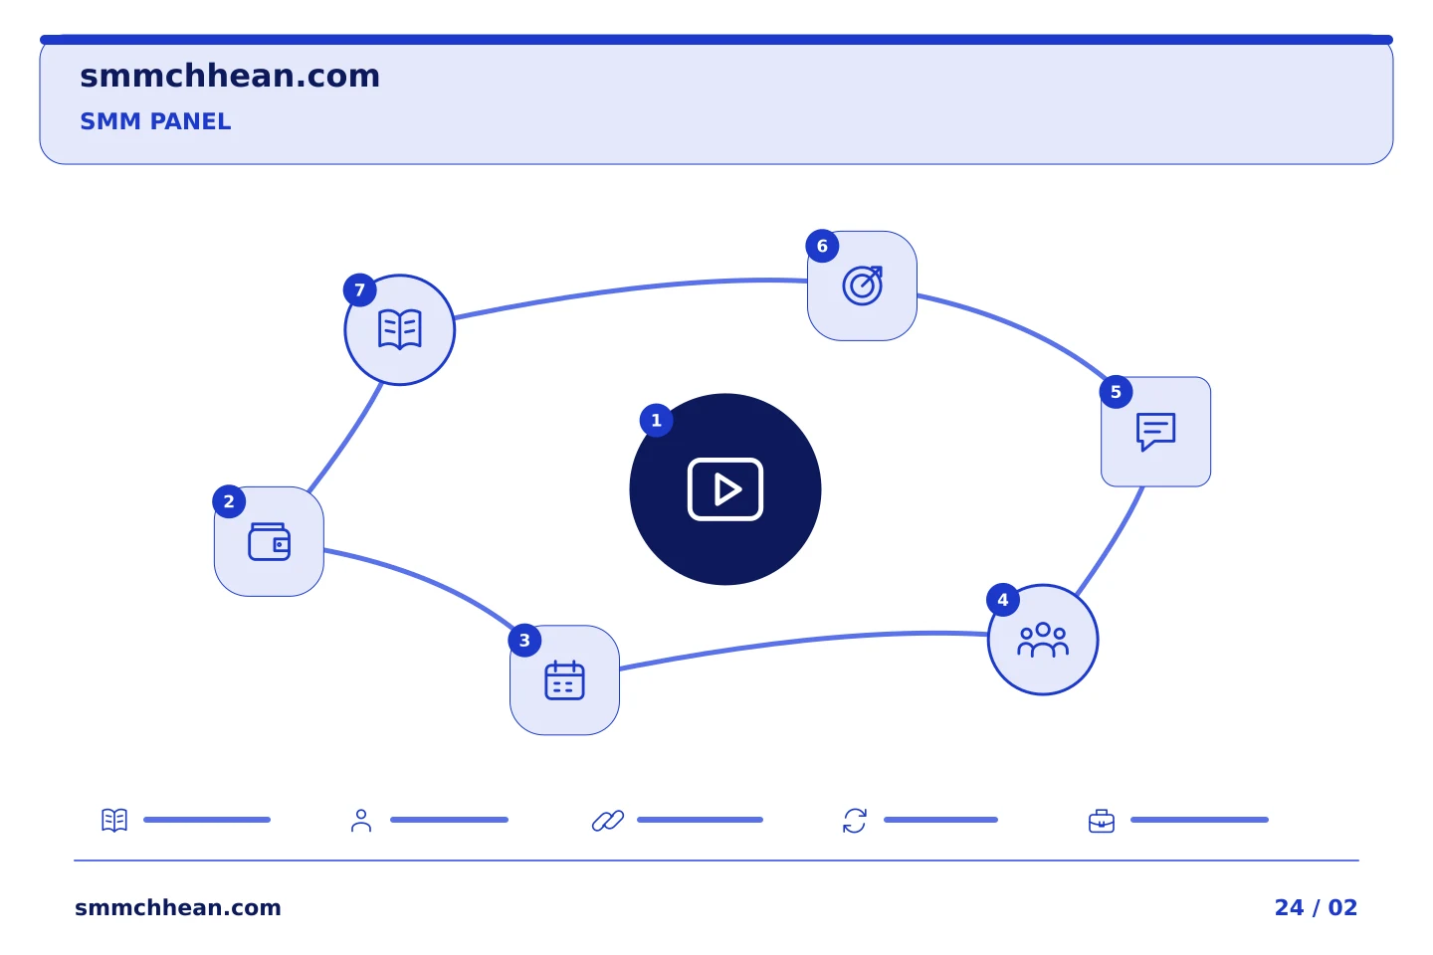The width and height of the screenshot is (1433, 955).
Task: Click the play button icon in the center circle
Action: [x=724, y=489]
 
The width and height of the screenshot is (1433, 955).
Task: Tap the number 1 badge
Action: [x=656, y=420]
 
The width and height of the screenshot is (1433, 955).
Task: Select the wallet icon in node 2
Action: [x=269, y=542]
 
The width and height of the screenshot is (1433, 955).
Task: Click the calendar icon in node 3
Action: [x=564, y=680]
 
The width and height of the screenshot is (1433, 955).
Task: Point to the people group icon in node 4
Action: [x=1043, y=640]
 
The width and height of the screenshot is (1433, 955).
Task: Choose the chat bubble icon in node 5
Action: [x=1155, y=432]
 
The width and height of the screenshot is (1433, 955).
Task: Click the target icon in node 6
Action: [x=863, y=286]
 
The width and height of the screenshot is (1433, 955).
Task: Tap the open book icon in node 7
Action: [x=400, y=329]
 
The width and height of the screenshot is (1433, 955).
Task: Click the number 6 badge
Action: [x=822, y=247]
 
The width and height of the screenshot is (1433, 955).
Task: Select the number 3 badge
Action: [x=524, y=641]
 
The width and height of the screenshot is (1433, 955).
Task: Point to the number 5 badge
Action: [x=1116, y=392]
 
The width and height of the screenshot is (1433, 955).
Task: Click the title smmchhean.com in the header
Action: [x=230, y=77]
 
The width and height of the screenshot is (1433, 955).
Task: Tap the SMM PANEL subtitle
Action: [x=155, y=121]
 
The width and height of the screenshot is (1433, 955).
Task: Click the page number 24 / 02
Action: [x=1316, y=907]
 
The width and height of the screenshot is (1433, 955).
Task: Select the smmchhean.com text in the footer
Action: [x=178, y=907]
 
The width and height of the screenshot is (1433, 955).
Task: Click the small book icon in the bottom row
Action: [x=114, y=820]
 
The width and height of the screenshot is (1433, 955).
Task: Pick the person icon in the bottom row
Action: [x=361, y=821]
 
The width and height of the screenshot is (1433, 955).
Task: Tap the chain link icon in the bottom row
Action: [x=608, y=821]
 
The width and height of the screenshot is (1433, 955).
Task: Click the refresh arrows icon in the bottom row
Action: [x=855, y=821]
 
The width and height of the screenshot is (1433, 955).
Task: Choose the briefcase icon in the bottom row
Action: [x=1102, y=822]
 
